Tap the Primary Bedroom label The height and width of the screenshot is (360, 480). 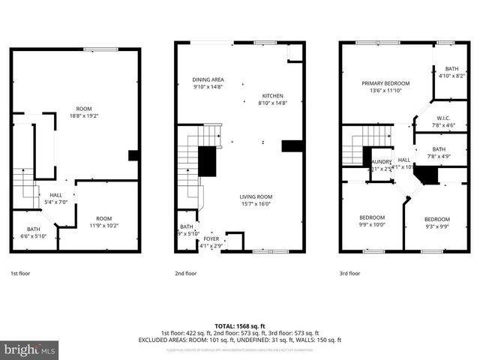(385, 83)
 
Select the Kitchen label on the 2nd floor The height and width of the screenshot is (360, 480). (271, 95)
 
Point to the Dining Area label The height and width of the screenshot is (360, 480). (208, 79)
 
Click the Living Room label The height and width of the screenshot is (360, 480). (256, 196)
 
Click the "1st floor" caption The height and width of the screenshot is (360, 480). (21, 274)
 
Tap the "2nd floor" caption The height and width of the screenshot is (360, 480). (185, 274)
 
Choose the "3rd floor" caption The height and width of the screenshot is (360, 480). (349, 274)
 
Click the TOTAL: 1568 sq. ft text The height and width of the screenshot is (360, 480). (240, 325)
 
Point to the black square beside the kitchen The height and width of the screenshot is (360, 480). (292, 145)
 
